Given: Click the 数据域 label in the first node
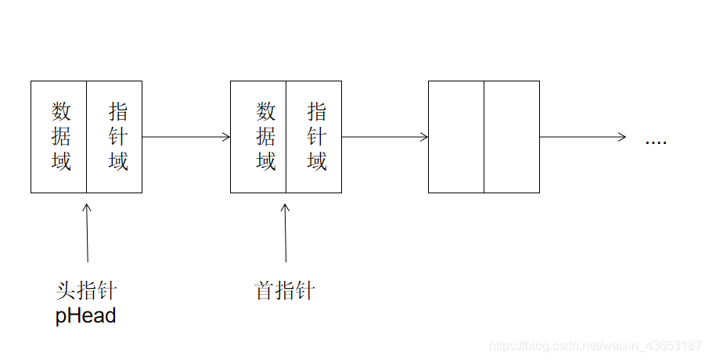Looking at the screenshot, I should tap(61, 136).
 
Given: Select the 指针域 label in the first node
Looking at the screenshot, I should tap(118, 136).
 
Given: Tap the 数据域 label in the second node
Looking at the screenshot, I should tap(266, 136).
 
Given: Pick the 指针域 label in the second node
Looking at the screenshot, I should tap(317, 136).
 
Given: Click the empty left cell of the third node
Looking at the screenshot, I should tap(456, 136).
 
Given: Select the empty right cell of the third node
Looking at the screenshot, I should tap(511, 136).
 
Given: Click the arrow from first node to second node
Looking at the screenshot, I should tap(186, 137).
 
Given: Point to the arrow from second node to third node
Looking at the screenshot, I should tap(385, 137).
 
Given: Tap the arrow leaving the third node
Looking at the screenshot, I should tap(583, 137).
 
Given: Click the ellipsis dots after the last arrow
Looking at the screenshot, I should tap(656, 142).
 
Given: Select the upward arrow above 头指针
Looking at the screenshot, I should tap(87, 232).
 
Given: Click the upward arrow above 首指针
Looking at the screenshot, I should tap(285, 232).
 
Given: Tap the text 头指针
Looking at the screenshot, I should tap(86, 291).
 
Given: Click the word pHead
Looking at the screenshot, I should tap(85, 315).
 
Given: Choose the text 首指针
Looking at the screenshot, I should tap(285, 291).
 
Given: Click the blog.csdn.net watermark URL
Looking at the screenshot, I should tap(595, 345).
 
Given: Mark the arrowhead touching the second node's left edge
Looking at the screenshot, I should tap(227, 137).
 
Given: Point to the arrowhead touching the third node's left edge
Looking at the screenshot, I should tap(425, 137).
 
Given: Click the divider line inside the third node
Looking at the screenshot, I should tap(484, 136).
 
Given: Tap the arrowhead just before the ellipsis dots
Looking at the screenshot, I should tap(622, 137).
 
